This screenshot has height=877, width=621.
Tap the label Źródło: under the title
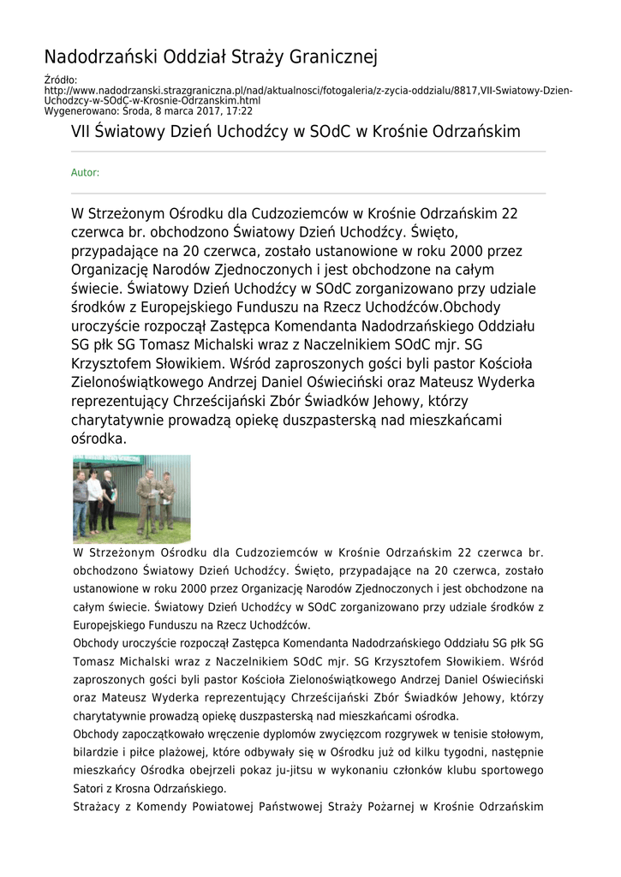61,81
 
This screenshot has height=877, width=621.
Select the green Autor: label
85,173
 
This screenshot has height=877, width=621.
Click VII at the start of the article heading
81,133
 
